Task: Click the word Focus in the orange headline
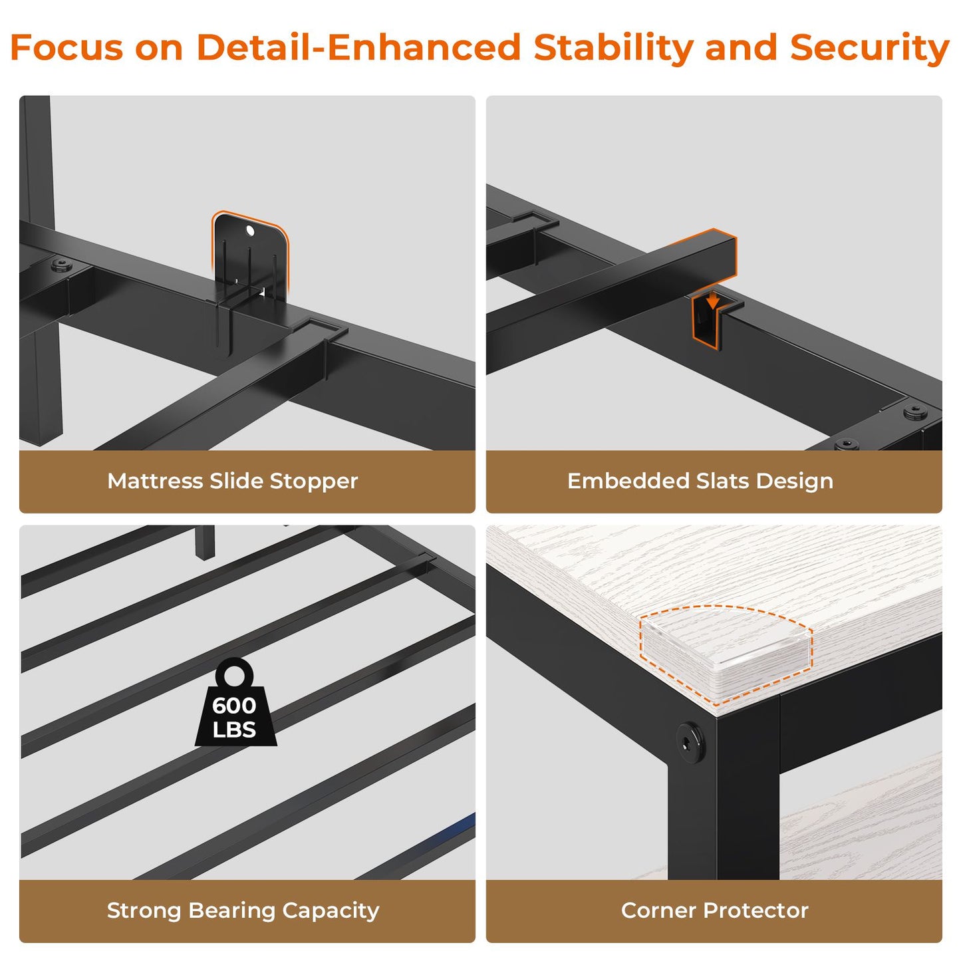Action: pyautogui.click(x=67, y=47)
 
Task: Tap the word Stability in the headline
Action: pyautogui.click(x=613, y=49)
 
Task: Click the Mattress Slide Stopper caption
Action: pyautogui.click(x=232, y=481)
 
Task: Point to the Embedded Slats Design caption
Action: pyautogui.click(x=700, y=481)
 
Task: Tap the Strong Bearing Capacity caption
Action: pyautogui.click(x=243, y=910)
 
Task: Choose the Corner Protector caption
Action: pyautogui.click(x=715, y=910)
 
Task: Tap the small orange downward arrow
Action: pyautogui.click(x=713, y=299)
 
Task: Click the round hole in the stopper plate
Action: pyautogui.click(x=250, y=230)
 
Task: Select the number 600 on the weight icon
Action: pyautogui.click(x=234, y=705)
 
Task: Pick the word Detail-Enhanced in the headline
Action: pyautogui.click(x=359, y=47)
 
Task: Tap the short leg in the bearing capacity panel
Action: pyautogui.click(x=204, y=541)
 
